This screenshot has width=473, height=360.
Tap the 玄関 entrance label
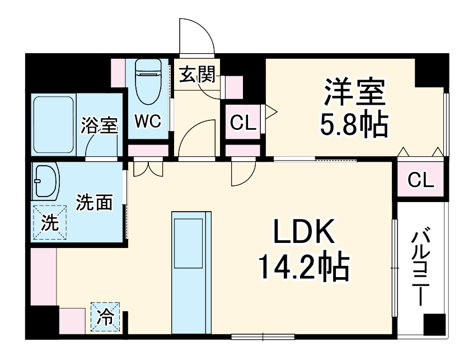(197, 75)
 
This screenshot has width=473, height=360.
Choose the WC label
(148, 121)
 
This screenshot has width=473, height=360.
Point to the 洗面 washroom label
(94, 202)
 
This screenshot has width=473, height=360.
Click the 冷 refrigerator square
(106, 317)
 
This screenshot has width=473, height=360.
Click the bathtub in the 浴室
(55, 127)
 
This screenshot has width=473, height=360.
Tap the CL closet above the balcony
(420, 180)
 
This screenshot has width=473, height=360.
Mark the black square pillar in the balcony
(434, 325)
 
